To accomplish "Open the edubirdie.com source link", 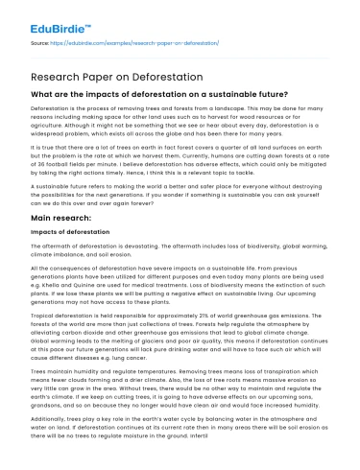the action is pos(124,43).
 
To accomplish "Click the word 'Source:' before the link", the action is pos(41,43).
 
